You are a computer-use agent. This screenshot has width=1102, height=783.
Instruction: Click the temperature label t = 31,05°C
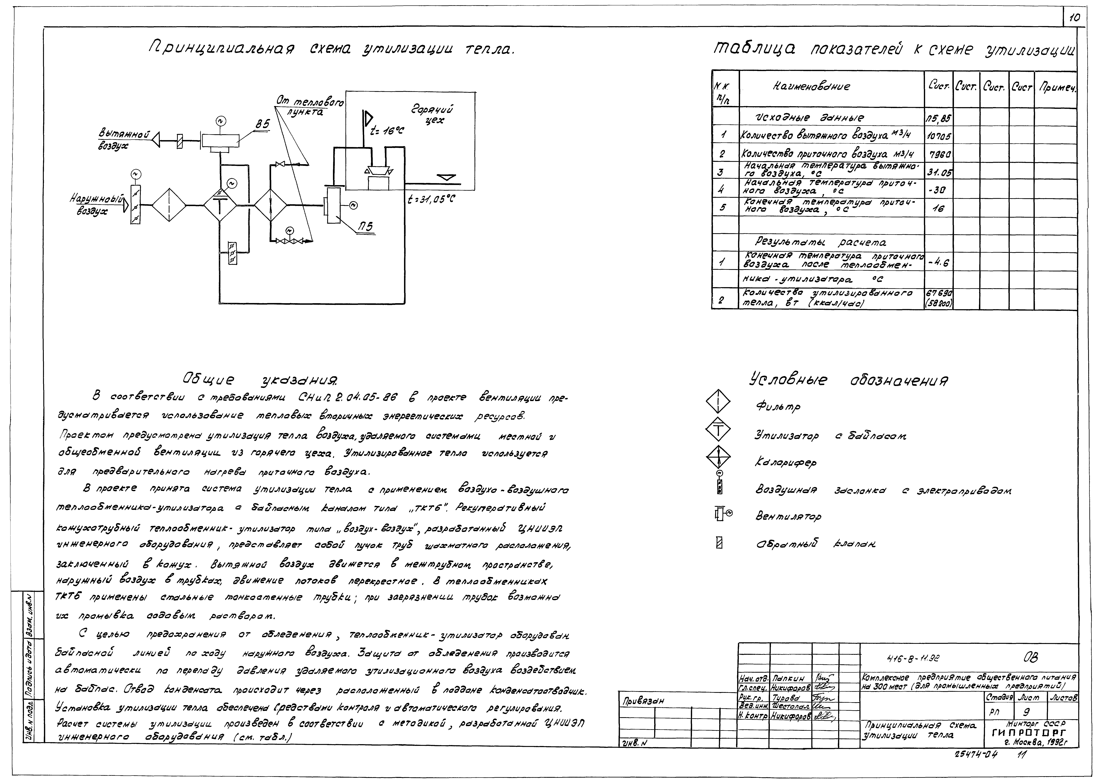tap(431, 199)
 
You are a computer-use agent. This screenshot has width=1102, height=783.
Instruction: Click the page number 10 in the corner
tap(1075, 18)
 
